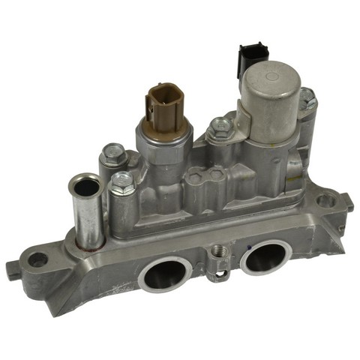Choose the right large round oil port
tap(264, 257)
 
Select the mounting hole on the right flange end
tap(325, 201)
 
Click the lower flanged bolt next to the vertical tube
tap(121, 184)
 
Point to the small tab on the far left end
tap(11, 268)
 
